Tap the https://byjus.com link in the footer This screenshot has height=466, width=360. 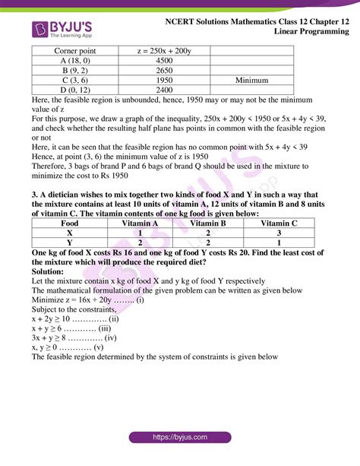pos(180,437)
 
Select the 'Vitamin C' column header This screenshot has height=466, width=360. pos(278,223)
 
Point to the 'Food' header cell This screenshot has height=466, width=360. pos(70,223)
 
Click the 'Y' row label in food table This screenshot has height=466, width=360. pos(70,243)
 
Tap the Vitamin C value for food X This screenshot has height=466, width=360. pos(278,233)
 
